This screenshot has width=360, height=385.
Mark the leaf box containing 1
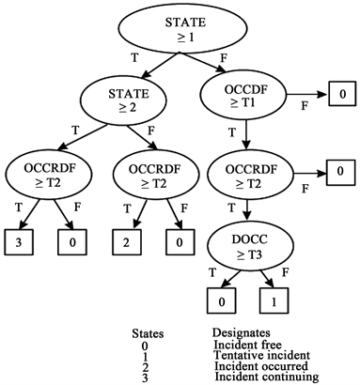[274, 301]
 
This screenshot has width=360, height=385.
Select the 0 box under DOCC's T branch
[220, 301]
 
